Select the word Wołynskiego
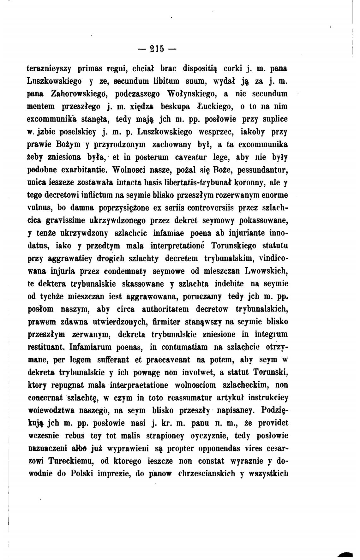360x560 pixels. [191, 94]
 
